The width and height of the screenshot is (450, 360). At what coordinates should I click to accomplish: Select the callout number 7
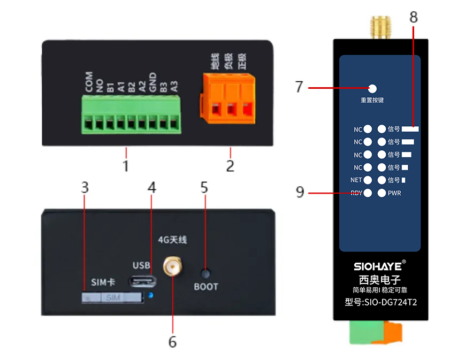coord(299,87)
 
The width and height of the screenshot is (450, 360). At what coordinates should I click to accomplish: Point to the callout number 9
coord(300,192)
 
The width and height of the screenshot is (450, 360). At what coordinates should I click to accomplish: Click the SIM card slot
coord(113,297)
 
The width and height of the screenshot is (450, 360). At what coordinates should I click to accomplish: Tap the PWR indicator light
coord(382,193)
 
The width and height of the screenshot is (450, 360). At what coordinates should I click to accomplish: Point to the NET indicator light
coord(368,180)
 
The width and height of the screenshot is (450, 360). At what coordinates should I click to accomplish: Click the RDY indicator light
coord(368,193)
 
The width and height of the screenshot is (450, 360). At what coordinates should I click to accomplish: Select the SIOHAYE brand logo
coord(376,266)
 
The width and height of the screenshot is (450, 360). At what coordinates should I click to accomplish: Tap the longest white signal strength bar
coord(410,129)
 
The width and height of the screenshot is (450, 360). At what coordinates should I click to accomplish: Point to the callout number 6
coord(172,342)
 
